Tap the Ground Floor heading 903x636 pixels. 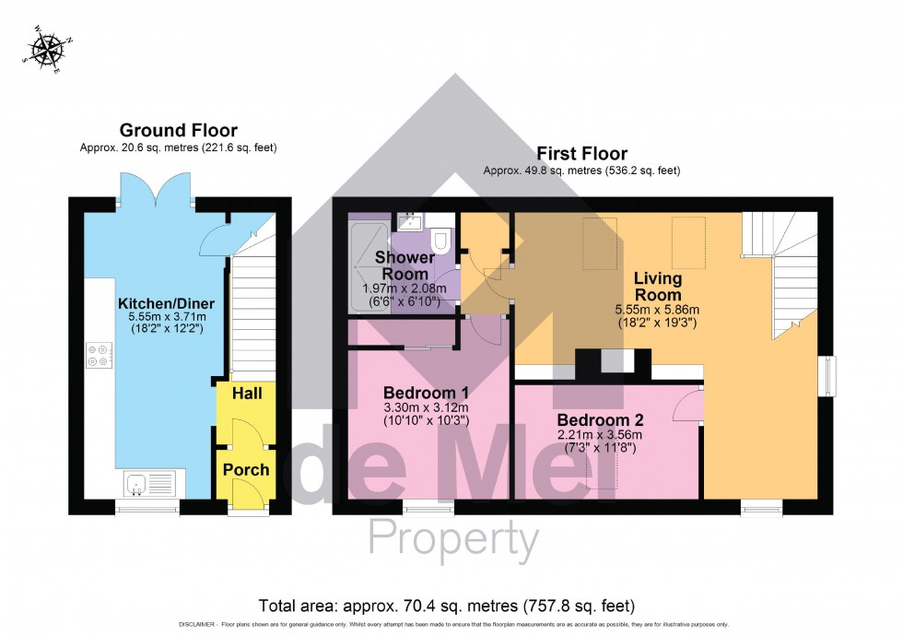point(178,131)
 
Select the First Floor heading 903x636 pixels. point(581,154)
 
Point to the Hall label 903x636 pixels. point(246,394)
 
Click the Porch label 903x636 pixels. point(246,470)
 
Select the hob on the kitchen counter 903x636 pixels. point(99,356)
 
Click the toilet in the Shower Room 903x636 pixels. point(440,238)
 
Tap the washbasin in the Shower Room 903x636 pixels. point(408,221)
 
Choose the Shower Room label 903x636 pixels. point(405,265)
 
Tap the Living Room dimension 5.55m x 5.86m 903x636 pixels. point(657,311)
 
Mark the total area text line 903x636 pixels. point(447,606)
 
